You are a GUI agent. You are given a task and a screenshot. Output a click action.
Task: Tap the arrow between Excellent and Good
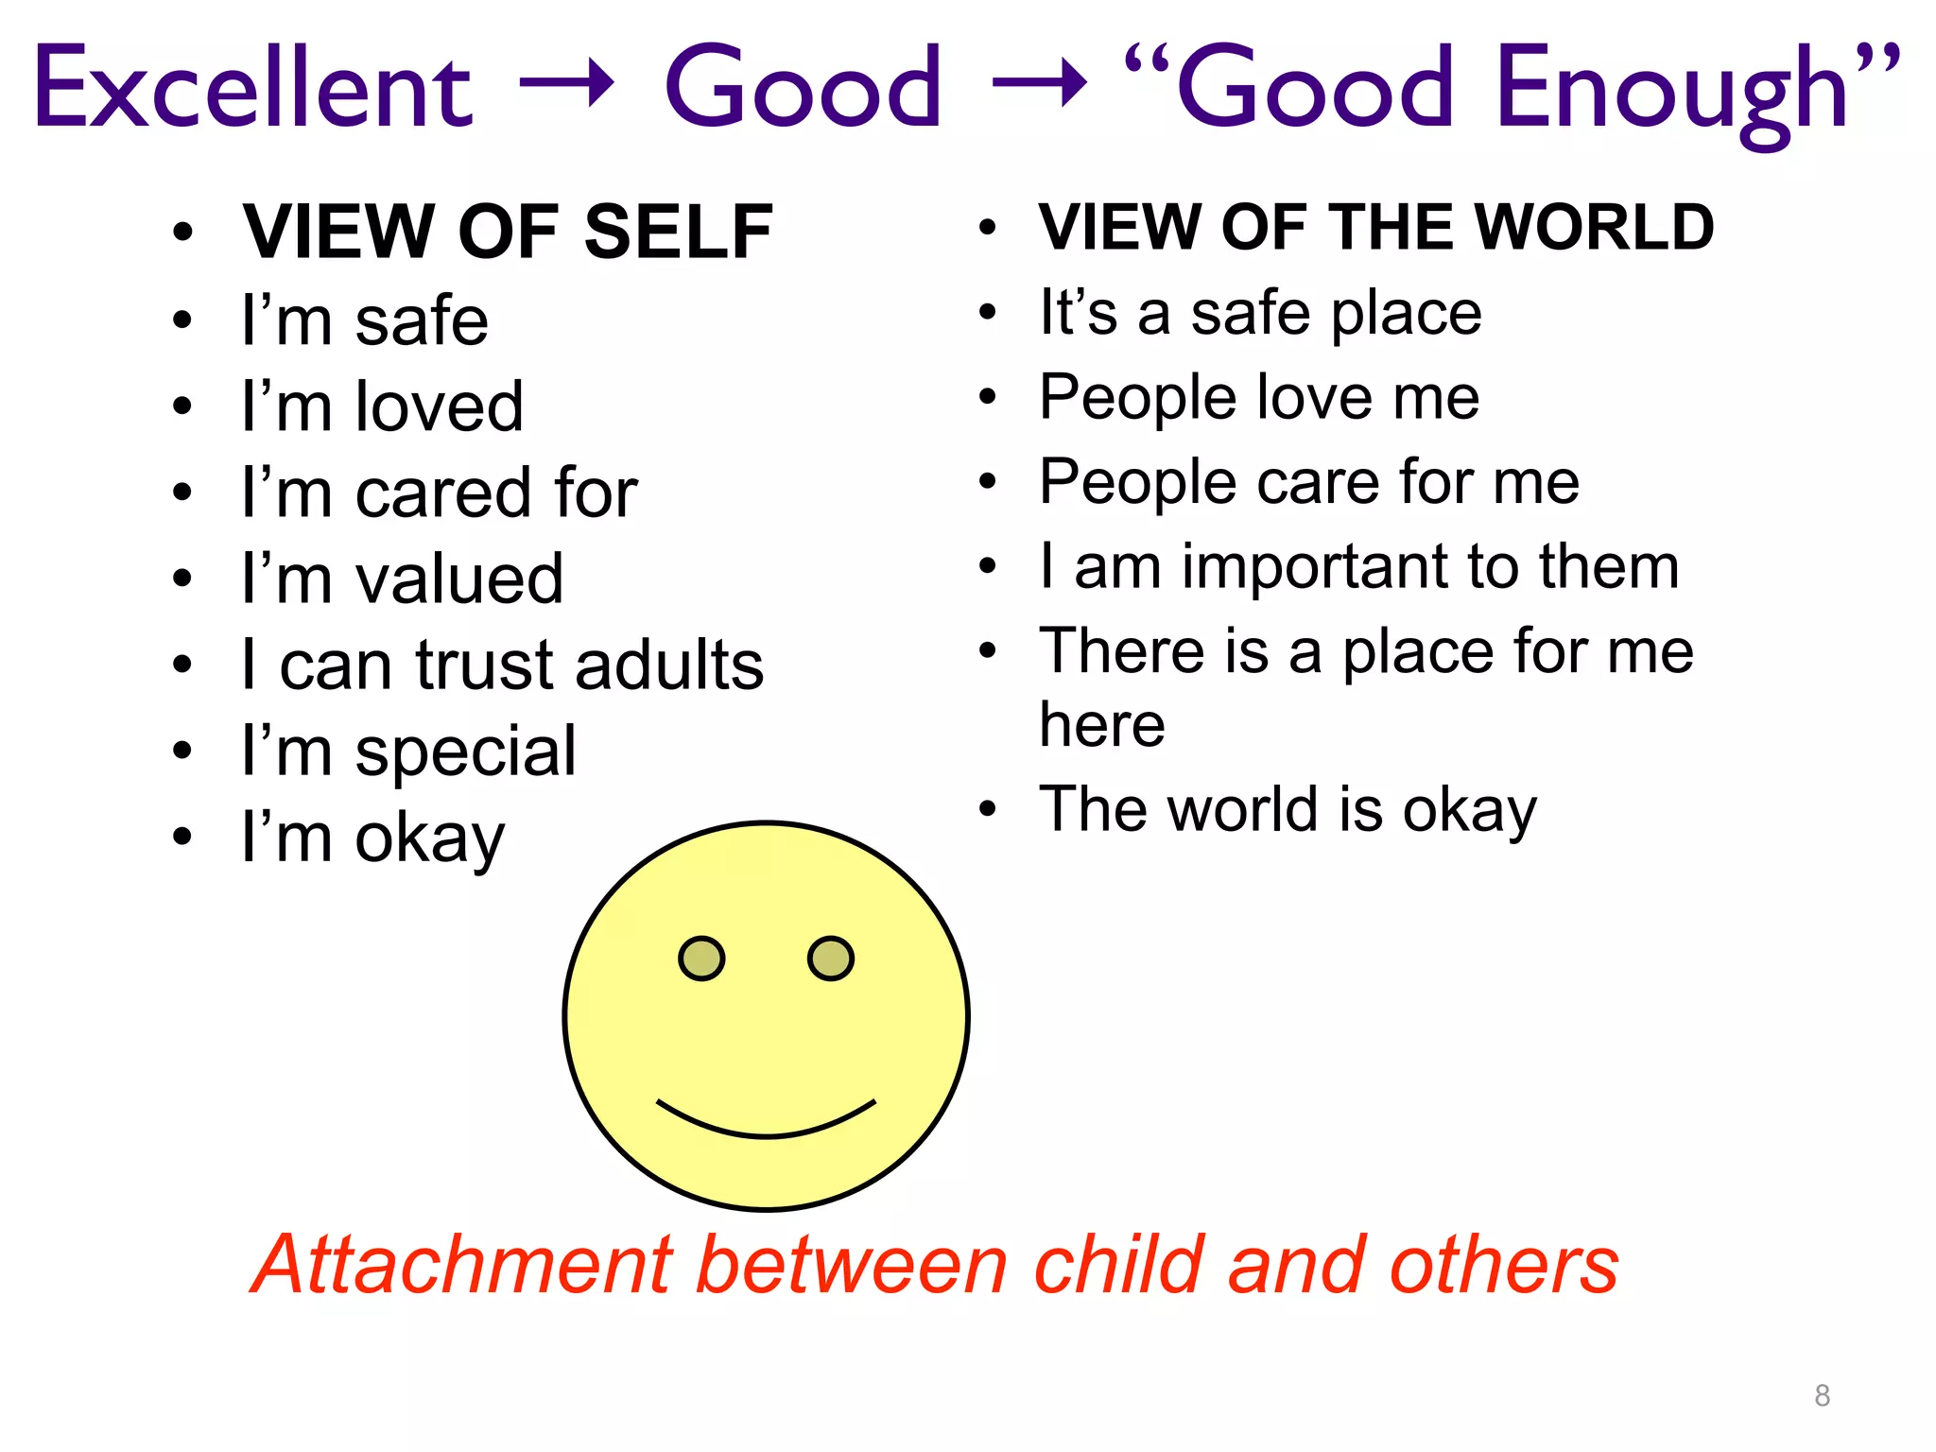point(567,85)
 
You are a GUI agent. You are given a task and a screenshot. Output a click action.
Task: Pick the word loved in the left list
point(439,406)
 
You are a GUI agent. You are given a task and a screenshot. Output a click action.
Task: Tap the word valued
point(459,579)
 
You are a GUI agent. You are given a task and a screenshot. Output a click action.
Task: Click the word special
point(465,752)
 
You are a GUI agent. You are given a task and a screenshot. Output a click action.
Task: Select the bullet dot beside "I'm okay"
point(182,837)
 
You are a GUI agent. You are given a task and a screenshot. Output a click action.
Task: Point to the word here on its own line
point(1102,726)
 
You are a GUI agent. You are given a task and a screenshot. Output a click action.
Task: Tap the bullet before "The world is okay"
point(988,809)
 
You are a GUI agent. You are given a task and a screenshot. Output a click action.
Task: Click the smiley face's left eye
point(701,959)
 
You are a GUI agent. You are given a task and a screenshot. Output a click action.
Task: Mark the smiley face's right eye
point(831,959)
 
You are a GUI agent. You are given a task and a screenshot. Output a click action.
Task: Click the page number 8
point(1823,1395)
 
